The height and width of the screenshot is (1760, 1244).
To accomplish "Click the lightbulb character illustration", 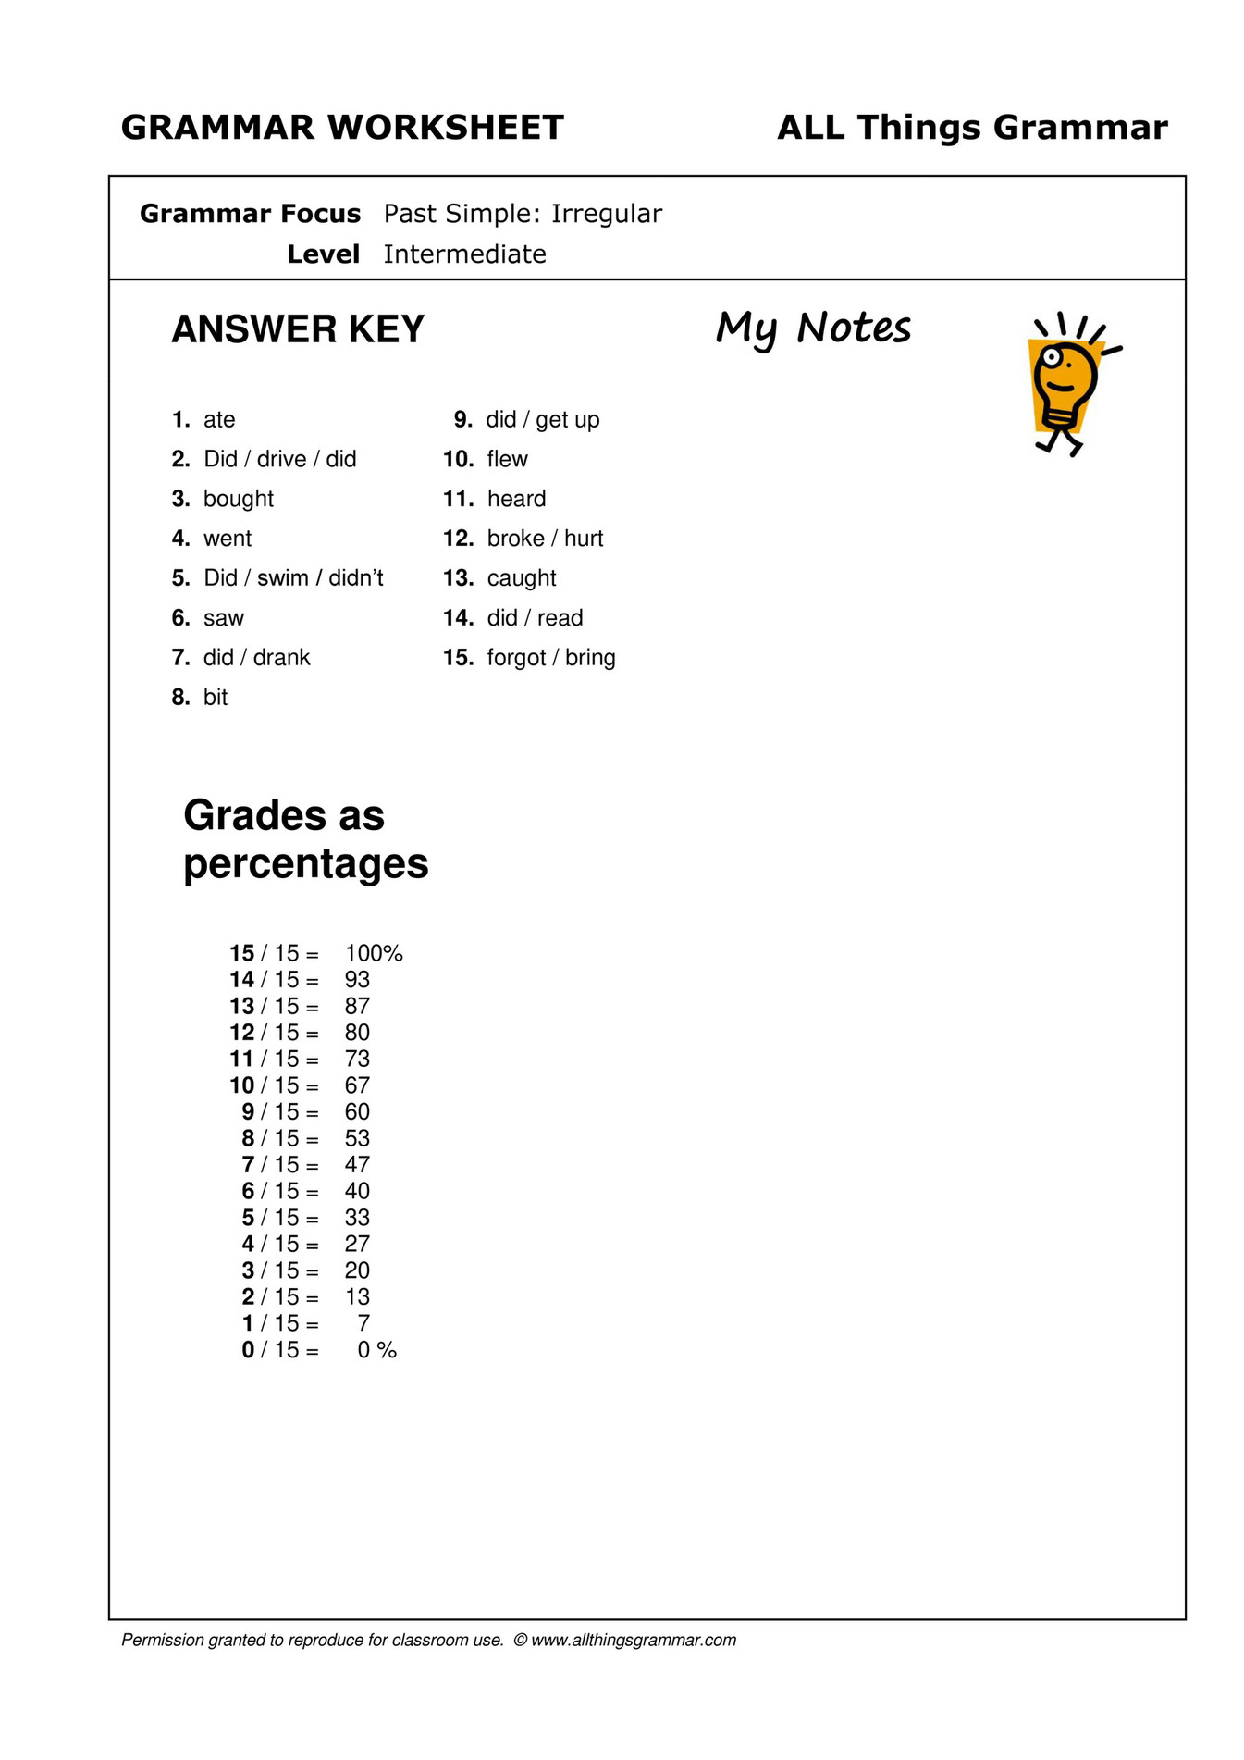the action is [x=1068, y=384].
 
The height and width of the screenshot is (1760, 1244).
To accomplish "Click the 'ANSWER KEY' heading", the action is [x=298, y=329].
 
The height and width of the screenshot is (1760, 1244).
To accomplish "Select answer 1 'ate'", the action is [x=219, y=420].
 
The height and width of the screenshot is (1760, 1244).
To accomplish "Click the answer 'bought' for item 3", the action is [x=239, y=500].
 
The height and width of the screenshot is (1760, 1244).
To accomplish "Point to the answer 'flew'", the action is [x=507, y=460].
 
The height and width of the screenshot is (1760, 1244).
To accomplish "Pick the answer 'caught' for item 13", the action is [x=522, y=579].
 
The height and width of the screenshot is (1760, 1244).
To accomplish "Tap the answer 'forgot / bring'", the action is [x=551, y=658].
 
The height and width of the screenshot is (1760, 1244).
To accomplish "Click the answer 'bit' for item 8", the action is [x=216, y=698].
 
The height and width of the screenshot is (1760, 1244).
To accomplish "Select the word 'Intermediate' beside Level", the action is [x=464, y=254].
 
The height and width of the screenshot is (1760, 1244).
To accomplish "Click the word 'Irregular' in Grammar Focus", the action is [x=607, y=214].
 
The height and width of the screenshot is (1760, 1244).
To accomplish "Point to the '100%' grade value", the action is [x=374, y=954].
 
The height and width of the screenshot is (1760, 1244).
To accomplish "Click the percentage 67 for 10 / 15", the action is [x=357, y=1085].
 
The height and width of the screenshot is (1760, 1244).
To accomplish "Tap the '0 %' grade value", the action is [x=376, y=1351].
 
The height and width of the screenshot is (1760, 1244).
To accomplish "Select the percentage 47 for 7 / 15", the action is [x=357, y=1165].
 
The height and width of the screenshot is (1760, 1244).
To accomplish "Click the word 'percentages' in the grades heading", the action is [x=305, y=864].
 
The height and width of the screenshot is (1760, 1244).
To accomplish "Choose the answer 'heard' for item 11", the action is [x=516, y=500].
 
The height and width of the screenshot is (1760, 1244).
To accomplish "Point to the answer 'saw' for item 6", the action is [x=224, y=618].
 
